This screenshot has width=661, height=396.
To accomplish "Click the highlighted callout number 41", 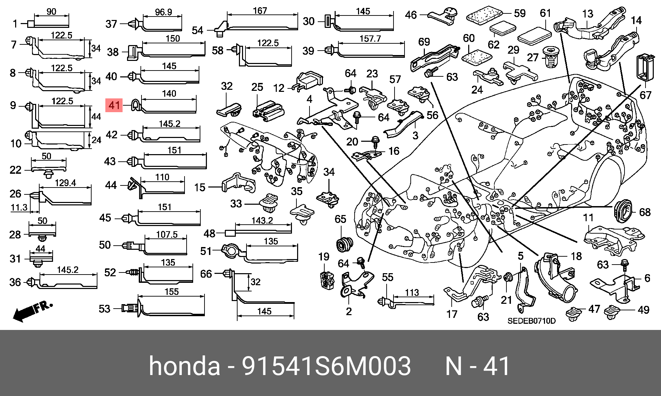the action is (x=114, y=105).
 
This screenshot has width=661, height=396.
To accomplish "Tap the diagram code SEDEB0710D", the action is (x=531, y=321).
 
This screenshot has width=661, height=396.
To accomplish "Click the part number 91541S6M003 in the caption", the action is (x=326, y=366).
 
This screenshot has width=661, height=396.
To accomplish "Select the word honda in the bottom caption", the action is (x=184, y=366).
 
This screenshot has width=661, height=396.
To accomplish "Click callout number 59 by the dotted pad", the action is (x=520, y=13).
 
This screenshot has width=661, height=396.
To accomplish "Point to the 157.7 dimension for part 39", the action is (x=370, y=38).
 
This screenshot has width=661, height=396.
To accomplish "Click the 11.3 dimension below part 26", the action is (x=19, y=207).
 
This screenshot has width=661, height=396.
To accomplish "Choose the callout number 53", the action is (x=104, y=309).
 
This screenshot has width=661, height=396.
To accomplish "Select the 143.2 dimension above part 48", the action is (x=262, y=220).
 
